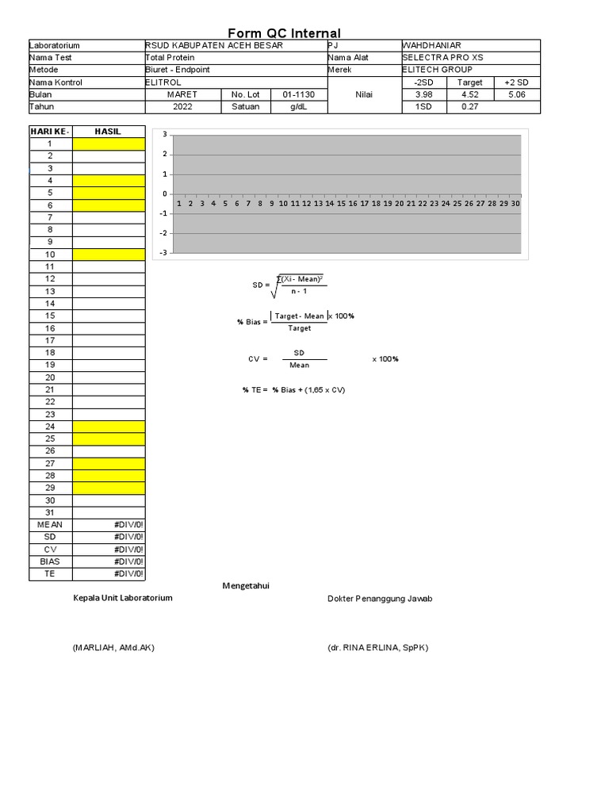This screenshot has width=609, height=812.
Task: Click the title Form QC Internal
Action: [284, 33]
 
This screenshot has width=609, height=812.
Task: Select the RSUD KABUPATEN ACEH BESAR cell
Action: [214, 46]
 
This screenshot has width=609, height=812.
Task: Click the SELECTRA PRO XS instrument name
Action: [442, 58]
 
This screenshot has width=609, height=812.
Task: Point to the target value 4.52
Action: [469, 94]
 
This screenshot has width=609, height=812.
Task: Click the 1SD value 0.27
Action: [469, 107]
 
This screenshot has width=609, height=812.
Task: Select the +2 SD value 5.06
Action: [517, 94]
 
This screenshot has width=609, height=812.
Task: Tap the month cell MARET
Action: [182, 94]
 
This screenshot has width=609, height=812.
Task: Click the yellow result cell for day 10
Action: [109, 255]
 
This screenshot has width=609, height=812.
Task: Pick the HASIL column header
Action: [108, 132]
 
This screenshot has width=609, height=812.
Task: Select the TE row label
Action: [50, 573]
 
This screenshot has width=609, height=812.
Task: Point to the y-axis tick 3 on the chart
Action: [165, 135]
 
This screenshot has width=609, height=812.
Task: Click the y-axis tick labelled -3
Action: [163, 253]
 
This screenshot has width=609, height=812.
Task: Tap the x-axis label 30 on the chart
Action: [515, 204]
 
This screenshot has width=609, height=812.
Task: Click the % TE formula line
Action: [293, 390]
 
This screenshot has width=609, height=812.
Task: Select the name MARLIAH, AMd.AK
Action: [113, 648]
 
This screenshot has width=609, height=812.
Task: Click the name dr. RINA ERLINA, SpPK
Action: [377, 648]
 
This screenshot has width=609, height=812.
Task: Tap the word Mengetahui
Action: [246, 585]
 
